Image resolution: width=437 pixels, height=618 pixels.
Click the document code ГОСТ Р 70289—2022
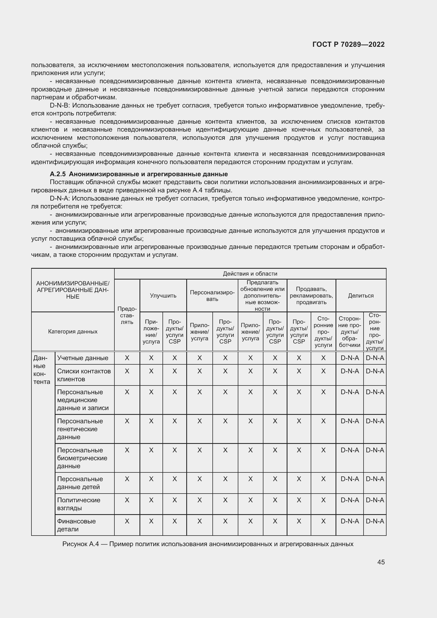coord(348,44)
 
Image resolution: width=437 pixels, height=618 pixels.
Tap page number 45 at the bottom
coord(381,562)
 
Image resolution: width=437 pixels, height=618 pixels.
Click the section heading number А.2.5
coord(58,174)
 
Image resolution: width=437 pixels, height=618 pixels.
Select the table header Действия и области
coord(250,274)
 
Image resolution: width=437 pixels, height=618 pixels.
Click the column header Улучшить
coord(163,296)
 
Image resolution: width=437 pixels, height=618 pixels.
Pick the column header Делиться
coord(361,296)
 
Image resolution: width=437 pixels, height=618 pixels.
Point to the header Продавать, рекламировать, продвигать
coord(311,296)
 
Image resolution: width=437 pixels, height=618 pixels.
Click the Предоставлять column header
coord(127,315)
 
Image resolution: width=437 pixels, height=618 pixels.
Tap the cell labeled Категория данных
coord(73,331)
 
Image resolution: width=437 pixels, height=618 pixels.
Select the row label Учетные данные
coord(83,358)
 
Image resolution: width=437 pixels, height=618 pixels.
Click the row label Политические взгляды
coord(78,504)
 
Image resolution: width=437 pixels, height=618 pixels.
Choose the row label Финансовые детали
coord(76,525)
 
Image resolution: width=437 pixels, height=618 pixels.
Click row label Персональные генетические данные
coord(80,429)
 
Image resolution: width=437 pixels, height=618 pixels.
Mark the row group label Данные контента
coord(42,370)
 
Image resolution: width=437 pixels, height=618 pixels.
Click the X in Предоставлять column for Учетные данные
coord(127,358)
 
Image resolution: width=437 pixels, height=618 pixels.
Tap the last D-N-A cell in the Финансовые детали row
coord(375,521)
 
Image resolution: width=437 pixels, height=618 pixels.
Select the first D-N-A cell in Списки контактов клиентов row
coord(350,371)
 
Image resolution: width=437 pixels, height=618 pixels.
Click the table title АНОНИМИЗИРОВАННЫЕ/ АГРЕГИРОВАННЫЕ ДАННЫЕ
coord(73,290)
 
